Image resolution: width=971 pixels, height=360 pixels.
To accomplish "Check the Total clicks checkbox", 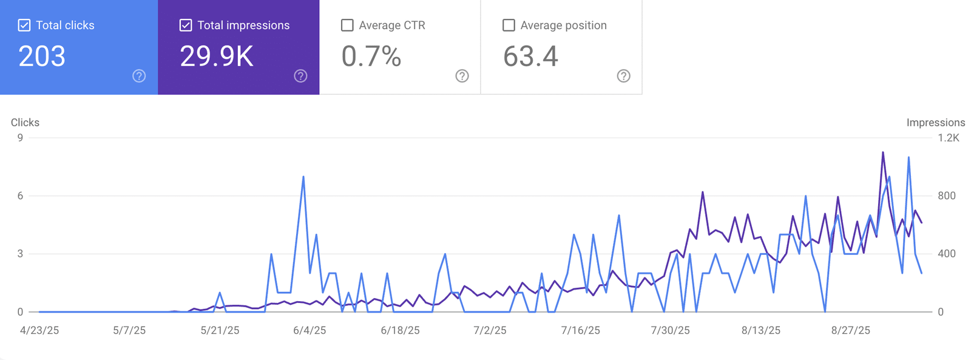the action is point(24,25).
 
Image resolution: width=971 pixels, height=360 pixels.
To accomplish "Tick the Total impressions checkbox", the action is point(186,25).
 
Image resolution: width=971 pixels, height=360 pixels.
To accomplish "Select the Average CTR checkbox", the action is point(347,25).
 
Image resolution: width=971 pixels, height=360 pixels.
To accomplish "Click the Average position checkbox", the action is point(509,25).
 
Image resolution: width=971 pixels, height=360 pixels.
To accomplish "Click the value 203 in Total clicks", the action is point(42,56).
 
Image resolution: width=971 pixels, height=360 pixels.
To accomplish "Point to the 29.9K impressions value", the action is point(216,56).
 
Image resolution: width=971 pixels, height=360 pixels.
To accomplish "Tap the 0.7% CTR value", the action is point(371,56).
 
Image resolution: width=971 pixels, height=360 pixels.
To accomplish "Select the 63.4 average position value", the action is point(530,56).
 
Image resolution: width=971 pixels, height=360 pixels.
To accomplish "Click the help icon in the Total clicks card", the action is point(139,76).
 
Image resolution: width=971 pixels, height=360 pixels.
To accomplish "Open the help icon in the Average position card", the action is point(623,76).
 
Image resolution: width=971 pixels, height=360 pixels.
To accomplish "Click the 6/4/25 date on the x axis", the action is point(310,330).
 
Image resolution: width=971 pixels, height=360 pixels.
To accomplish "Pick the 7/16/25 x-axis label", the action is point(580,330).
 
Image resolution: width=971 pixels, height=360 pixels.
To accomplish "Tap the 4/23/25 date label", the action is point(39,330).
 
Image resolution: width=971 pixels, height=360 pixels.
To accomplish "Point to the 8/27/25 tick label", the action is point(850,330).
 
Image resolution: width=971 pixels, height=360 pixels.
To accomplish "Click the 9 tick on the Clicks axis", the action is point(21,138).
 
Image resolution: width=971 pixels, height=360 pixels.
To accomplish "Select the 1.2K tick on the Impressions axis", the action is point(949,138).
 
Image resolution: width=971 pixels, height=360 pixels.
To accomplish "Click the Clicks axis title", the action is point(25,123).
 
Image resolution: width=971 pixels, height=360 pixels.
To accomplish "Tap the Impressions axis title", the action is point(935,123).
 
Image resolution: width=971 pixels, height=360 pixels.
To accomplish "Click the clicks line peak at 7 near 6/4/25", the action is point(303,177).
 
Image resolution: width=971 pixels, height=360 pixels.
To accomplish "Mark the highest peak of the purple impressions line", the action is point(882,152).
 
